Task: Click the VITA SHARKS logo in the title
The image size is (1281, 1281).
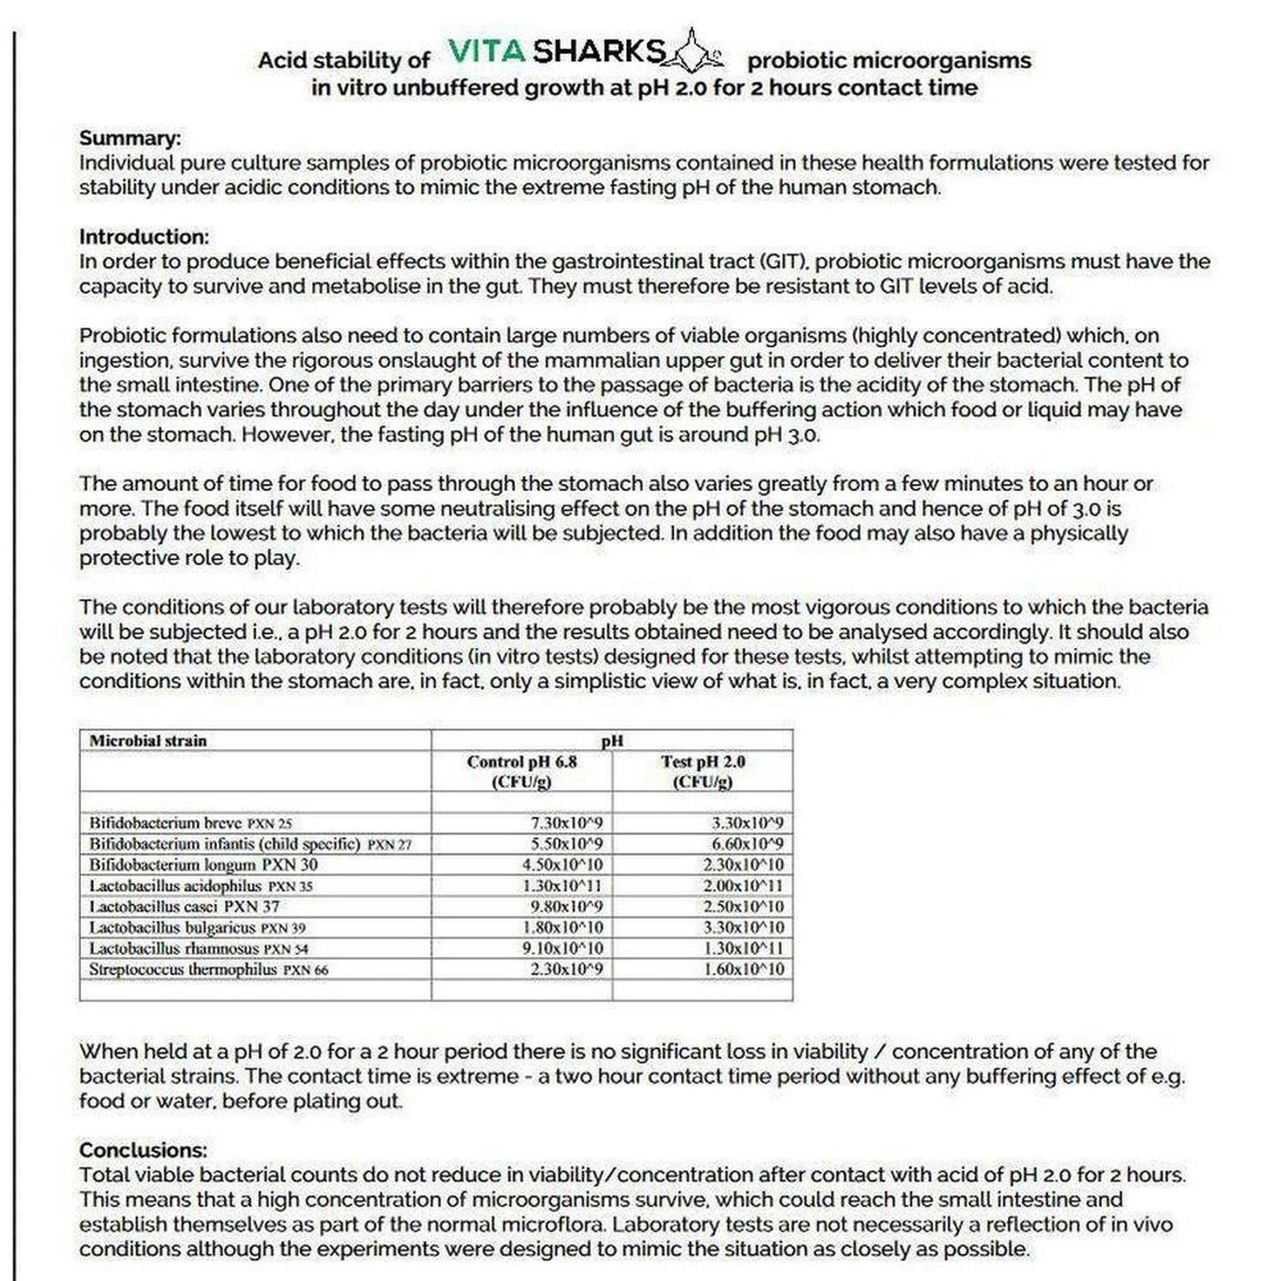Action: pos(585,53)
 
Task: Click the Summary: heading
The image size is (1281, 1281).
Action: pos(129,138)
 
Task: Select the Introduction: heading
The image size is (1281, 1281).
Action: pos(144,237)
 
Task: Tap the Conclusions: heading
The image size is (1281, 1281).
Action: pos(143,1150)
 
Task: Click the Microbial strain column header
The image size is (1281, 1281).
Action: pos(148,741)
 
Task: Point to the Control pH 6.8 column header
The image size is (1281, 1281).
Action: pos(521,771)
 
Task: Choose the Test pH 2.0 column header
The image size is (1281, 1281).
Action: pos(702,771)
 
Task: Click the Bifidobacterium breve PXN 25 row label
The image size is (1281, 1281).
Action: pos(190,823)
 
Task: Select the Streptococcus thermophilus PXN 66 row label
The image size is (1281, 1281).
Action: pos(208,970)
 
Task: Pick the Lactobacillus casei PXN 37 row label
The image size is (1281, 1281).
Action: pos(184,907)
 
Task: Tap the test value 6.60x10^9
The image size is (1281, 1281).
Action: pos(747,844)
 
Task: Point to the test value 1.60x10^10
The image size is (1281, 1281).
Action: pos(743,970)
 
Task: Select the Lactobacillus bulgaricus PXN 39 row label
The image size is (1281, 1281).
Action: pos(197,928)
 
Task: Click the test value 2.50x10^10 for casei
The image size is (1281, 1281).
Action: pos(743,907)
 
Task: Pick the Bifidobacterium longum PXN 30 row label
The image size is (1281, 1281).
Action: pos(203,865)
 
